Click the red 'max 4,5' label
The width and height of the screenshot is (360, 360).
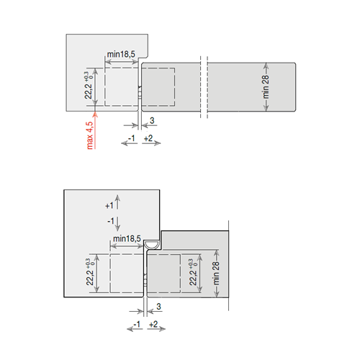coord(89,135)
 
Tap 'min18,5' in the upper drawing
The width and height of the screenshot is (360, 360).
coord(121,54)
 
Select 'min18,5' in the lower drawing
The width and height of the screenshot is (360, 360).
coord(127,238)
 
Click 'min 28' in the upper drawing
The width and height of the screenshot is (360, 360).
coord(266,87)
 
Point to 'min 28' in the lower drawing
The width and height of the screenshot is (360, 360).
coord(216,273)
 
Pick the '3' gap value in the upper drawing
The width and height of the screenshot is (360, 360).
coord(152,120)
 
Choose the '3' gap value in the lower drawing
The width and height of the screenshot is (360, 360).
coord(158,307)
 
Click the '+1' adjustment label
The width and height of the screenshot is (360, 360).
coord(109,206)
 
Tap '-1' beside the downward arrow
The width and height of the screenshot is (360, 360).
coord(111,221)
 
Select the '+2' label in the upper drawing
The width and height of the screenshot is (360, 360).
coord(148,138)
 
